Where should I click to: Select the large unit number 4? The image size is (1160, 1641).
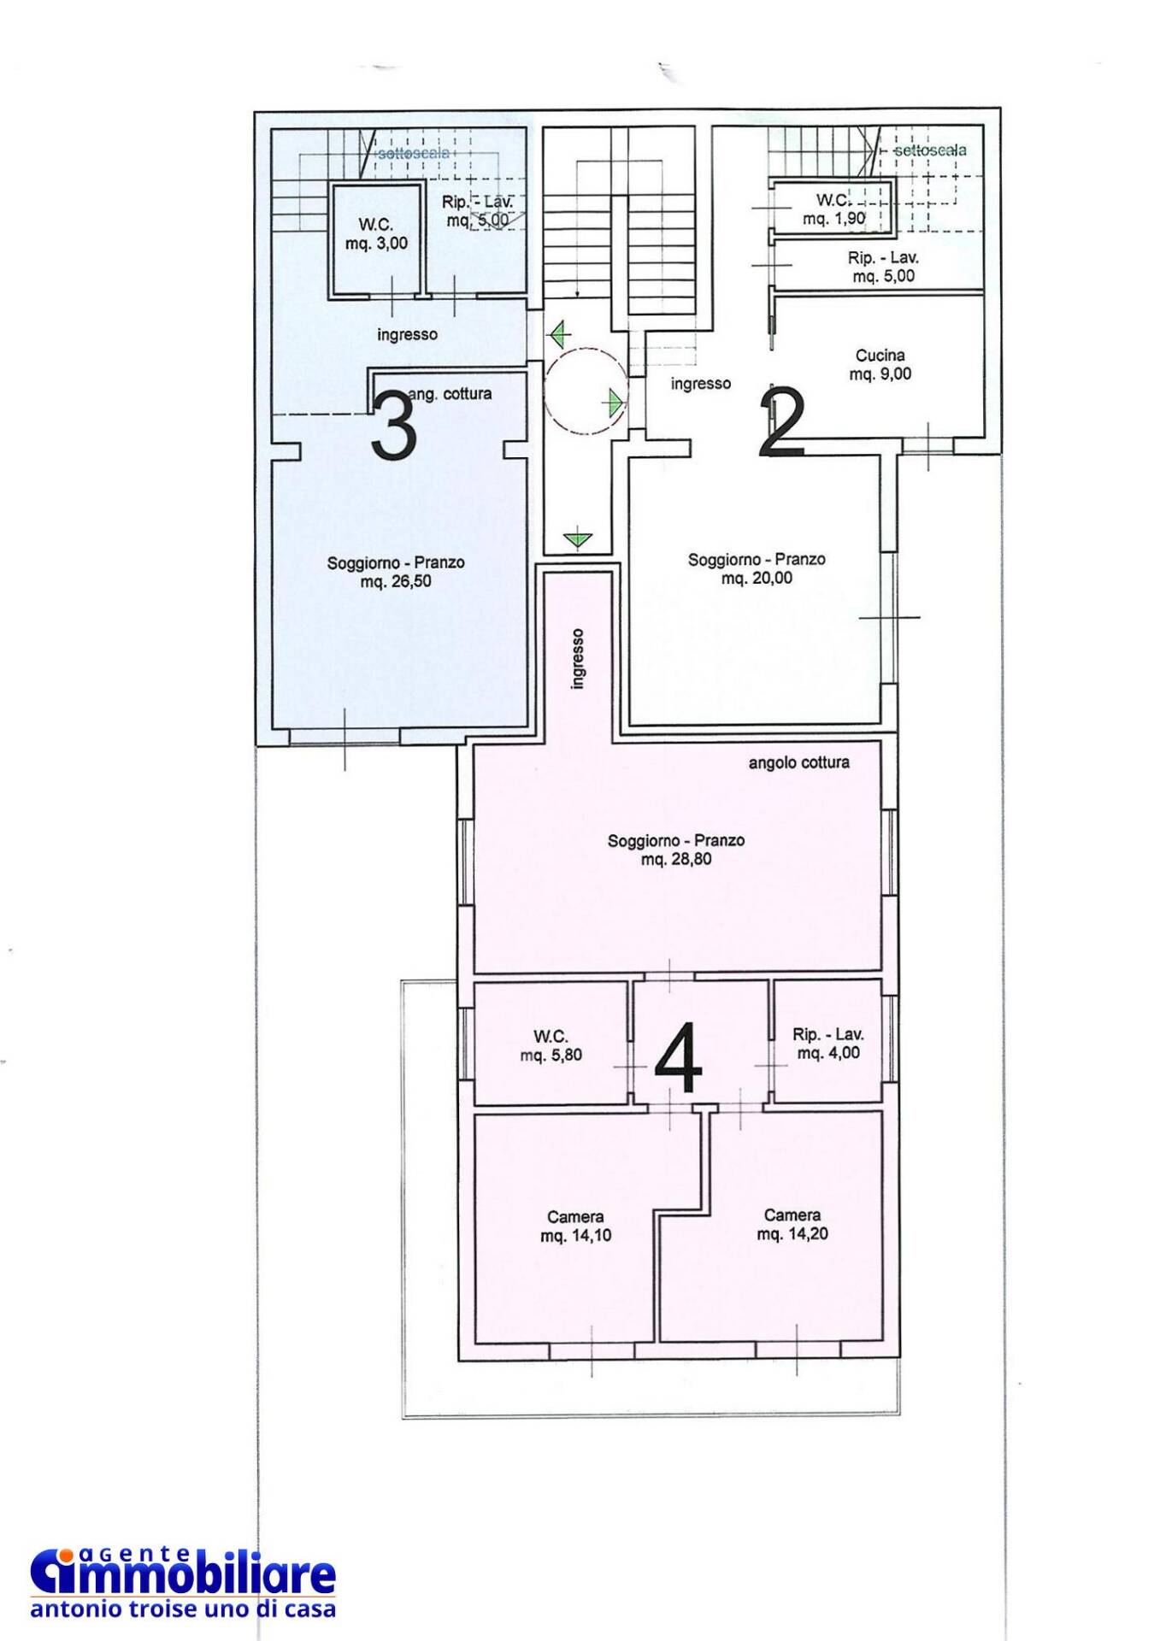point(679,1065)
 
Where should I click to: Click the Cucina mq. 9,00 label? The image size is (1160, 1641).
point(880,364)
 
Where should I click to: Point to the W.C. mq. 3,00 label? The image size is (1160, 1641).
point(376,234)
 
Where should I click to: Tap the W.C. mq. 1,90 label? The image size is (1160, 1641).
point(833,209)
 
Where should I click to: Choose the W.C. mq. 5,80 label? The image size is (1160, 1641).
point(551,1046)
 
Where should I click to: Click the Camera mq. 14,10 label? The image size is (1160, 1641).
point(575,1226)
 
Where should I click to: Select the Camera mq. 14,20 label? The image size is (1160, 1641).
point(792,1224)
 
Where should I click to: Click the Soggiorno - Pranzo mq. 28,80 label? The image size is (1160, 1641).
point(676,850)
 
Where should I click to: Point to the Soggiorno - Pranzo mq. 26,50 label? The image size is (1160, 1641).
point(396,572)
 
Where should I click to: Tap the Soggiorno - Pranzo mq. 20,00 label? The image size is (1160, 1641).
point(757,568)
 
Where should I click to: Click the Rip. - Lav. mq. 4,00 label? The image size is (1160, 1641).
point(828,1044)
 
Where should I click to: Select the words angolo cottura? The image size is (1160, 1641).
point(799,762)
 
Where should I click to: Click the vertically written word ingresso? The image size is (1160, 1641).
point(579,659)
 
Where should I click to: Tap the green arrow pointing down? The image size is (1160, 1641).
point(578,539)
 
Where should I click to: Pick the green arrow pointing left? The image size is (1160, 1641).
point(558,334)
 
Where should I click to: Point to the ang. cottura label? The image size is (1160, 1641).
point(450,394)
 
